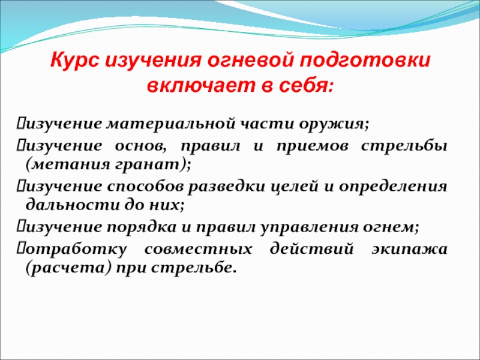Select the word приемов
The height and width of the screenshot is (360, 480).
[313, 146]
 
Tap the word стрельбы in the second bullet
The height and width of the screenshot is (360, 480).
[404, 146]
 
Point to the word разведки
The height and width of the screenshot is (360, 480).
[226, 187]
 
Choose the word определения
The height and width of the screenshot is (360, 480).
[393, 187]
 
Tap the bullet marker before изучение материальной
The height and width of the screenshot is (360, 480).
[20, 124]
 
